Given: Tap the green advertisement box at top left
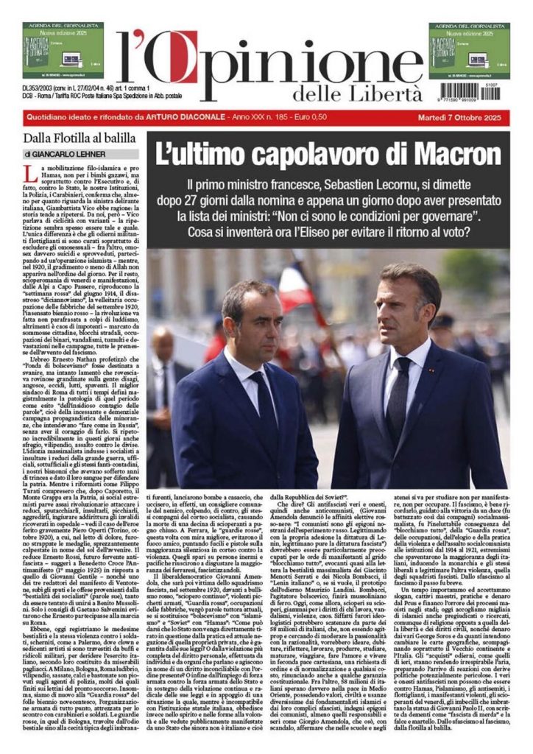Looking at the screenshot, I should pyautogui.click(x=63, y=50).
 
